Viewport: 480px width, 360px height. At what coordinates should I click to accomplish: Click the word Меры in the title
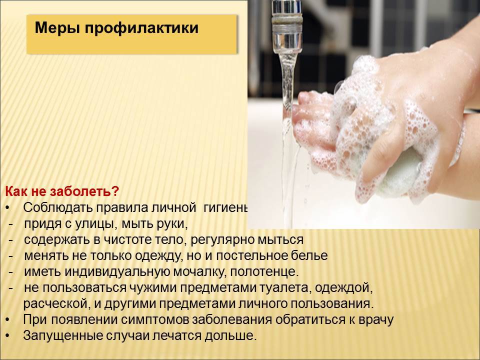pos(57,28)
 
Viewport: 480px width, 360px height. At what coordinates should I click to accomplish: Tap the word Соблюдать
pos(58,207)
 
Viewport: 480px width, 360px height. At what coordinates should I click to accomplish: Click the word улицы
pos(96,224)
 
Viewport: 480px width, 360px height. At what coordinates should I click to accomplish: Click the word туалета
pos(285,288)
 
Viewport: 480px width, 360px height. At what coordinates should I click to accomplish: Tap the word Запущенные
pos(63,336)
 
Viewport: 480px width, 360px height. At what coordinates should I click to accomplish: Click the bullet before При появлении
pos(8,320)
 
